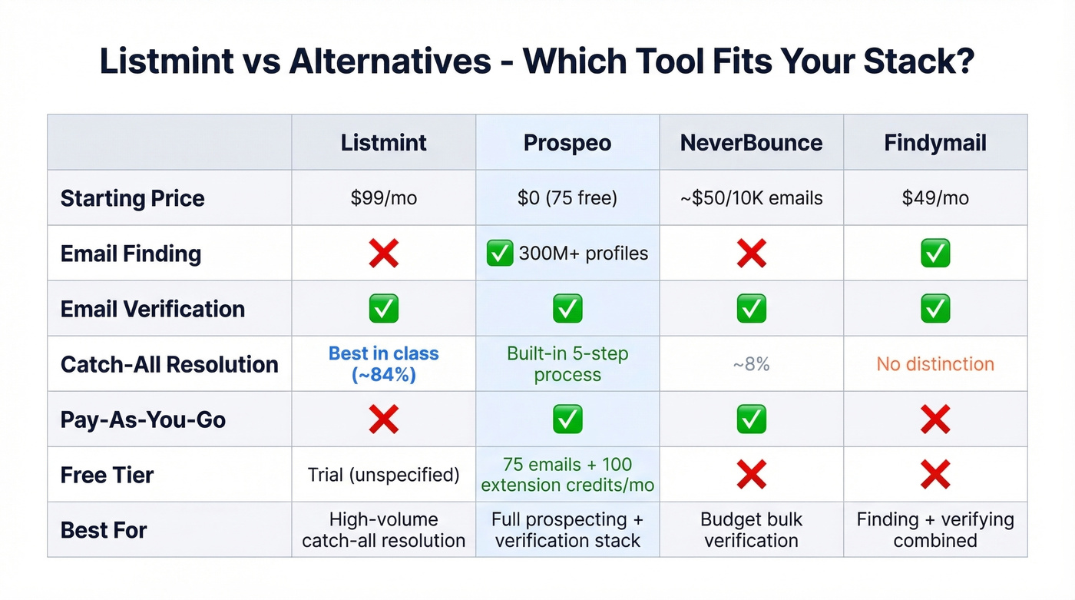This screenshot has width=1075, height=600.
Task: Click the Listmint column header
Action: [383, 143]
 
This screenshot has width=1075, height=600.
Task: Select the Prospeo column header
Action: [567, 143]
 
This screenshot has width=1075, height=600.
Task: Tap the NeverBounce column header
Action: [751, 143]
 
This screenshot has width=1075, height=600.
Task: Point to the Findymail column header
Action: [935, 143]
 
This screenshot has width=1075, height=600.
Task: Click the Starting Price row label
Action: [133, 198]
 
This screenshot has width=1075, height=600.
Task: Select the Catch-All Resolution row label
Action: [170, 364]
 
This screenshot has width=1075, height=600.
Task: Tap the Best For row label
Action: [104, 530]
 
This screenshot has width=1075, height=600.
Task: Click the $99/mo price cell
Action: [383, 198]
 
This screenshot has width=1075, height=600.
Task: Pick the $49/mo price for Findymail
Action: [935, 198]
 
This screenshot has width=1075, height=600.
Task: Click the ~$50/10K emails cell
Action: [751, 198]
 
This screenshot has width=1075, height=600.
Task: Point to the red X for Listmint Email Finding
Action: [383, 254]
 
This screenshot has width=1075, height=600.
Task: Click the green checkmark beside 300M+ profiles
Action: [500, 254]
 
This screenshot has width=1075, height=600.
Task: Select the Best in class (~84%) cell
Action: [383, 364]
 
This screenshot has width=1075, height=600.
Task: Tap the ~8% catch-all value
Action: [751, 364]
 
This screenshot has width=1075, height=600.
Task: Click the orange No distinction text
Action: [935, 364]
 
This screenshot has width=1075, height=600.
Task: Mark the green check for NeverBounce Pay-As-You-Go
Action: [751, 419]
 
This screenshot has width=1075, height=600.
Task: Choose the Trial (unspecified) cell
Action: [383, 475]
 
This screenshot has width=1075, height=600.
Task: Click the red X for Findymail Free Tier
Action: [935, 475]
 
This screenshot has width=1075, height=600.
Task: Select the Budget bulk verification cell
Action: [751, 530]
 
